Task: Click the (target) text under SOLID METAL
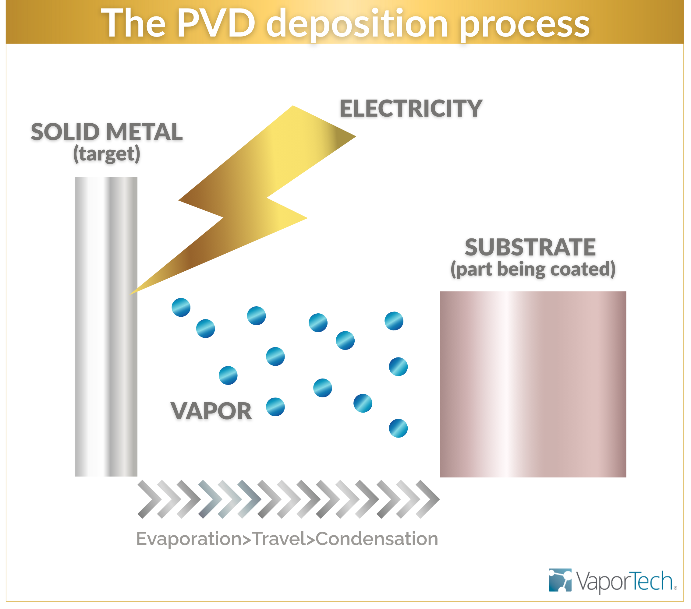click(107, 154)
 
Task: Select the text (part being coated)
click(533, 269)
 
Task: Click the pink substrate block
click(533, 384)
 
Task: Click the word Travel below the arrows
click(278, 539)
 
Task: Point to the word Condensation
click(377, 539)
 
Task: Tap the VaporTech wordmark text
click(624, 581)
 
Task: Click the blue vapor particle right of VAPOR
click(275, 407)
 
